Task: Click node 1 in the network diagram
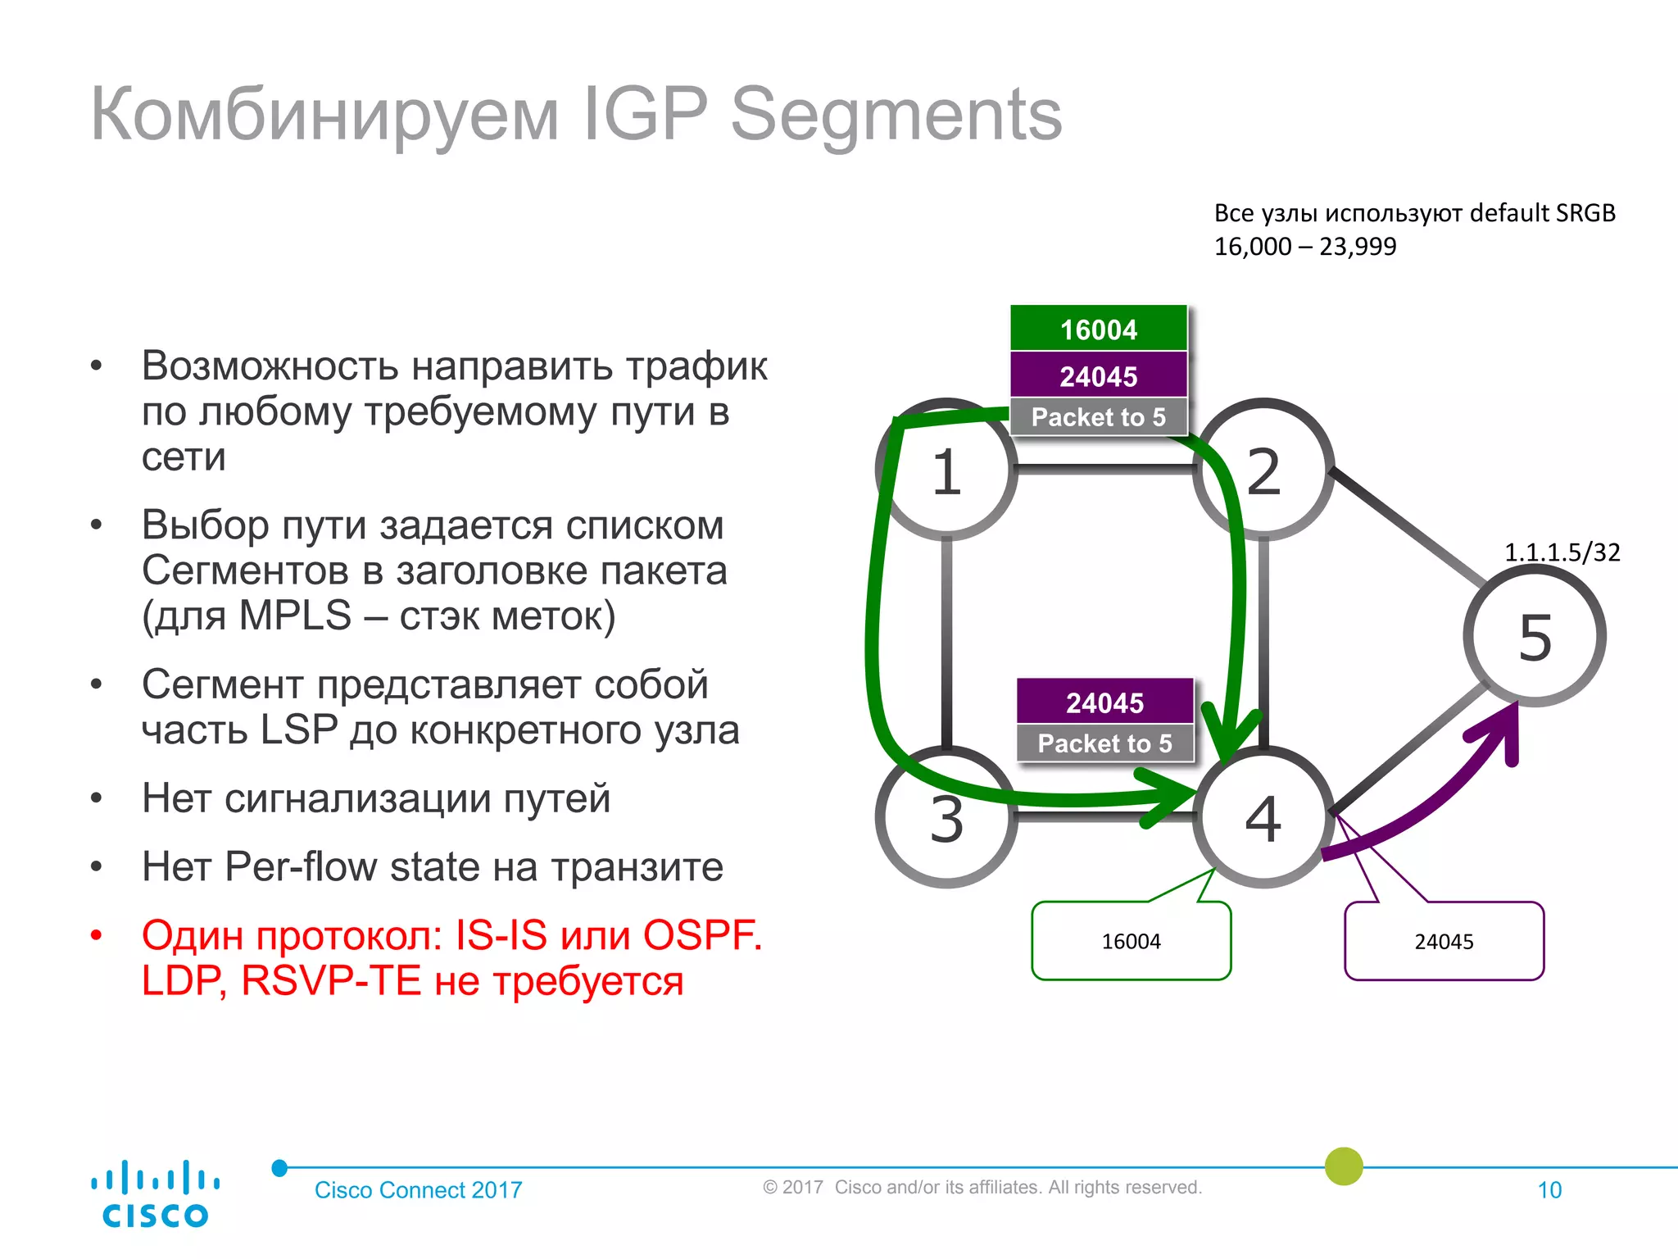pyautogui.click(x=946, y=471)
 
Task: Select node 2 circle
pyautogui.click(x=1263, y=471)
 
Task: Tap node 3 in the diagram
pyautogui.click(x=946, y=818)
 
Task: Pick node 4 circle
pyautogui.click(x=1263, y=818)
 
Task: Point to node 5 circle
pyautogui.click(x=1535, y=636)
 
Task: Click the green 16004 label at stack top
pyautogui.click(x=1099, y=329)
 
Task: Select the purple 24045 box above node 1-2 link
pyautogui.click(x=1099, y=375)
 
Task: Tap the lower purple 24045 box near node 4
pyautogui.click(x=1104, y=702)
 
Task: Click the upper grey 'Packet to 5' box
pyautogui.click(x=1099, y=417)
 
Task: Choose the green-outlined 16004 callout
pyautogui.click(x=1131, y=941)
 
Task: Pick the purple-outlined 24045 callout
pyautogui.click(x=1444, y=941)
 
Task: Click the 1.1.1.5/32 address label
pyautogui.click(x=1562, y=552)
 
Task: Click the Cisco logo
pyautogui.click(x=155, y=1193)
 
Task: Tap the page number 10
pyautogui.click(x=1549, y=1190)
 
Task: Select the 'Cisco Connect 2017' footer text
pyautogui.click(x=418, y=1190)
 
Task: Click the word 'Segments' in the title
pyautogui.click(x=896, y=115)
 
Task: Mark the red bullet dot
pyautogui.click(x=97, y=935)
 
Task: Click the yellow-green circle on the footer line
pyautogui.click(x=1344, y=1166)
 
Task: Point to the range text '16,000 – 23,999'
pyautogui.click(x=1304, y=246)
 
